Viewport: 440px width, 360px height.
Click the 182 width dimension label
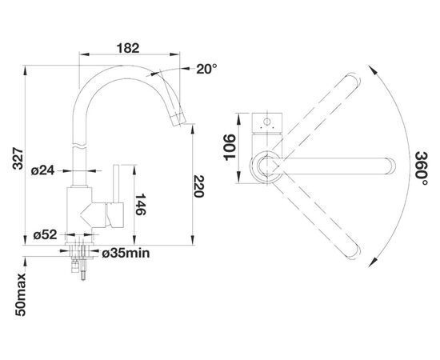click(128, 48)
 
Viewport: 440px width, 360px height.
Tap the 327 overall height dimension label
click(18, 158)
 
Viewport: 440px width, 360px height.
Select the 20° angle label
click(206, 69)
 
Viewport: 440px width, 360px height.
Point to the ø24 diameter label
click(42, 170)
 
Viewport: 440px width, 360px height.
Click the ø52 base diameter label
click(45, 235)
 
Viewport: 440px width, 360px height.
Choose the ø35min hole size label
click(126, 254)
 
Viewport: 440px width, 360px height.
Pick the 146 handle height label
click(140, 204)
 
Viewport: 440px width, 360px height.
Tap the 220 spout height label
click(198, 186)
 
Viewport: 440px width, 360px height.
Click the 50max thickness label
click(20, 294)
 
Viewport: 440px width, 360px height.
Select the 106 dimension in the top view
click(230, 147)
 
